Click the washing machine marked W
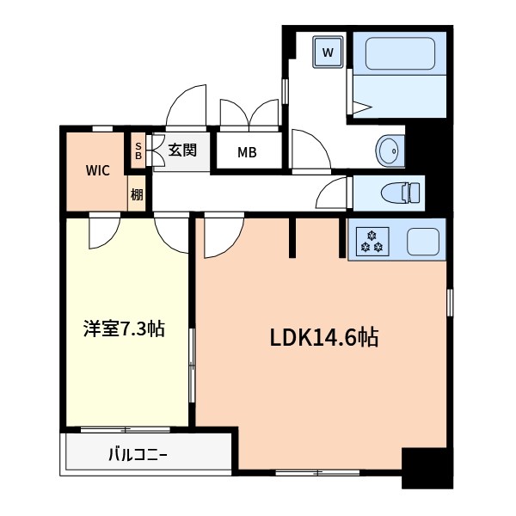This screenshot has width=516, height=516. point(328,52)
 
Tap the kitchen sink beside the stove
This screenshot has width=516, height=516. point(422,241)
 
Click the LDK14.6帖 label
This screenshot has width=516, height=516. point(324,337)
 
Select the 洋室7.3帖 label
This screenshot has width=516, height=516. point(124,328)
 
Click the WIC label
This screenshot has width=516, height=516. point(96,169)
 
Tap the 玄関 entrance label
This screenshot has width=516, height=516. point(182,150)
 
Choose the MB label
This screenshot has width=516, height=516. point(247,154)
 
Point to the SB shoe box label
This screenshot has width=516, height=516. point(138,151)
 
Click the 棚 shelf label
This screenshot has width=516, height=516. point(137,194)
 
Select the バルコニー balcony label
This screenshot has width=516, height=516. point(138,453)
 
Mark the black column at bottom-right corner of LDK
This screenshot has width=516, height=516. point(427,469)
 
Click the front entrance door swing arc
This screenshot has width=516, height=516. point(187,107)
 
